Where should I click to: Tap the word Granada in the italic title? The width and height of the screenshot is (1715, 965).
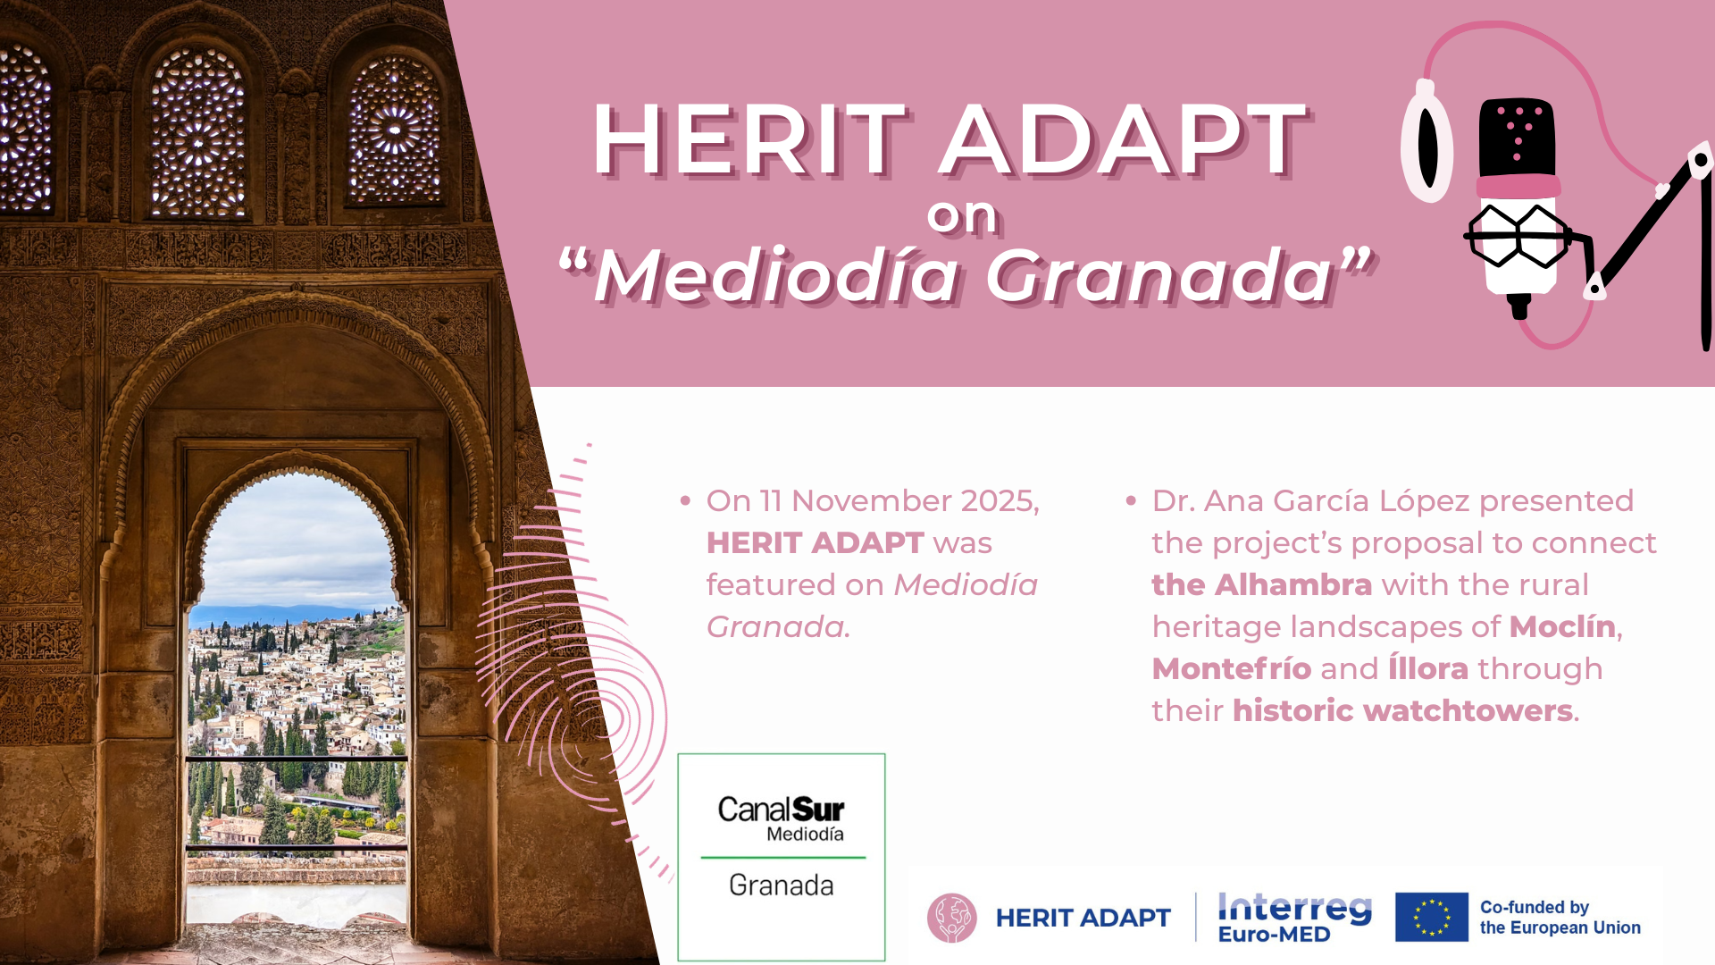pos(1161,276)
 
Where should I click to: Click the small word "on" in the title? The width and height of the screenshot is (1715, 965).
pos(962,215)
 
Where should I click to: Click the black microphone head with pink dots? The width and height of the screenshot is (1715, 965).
pos(1518,138)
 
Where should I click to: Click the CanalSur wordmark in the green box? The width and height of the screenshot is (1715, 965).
pos(781,810)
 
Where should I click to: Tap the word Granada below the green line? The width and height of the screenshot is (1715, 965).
pos(781,885)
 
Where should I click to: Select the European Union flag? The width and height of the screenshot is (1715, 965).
pos(1431,917)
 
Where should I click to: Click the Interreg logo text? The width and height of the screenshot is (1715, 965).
pos(1294,907)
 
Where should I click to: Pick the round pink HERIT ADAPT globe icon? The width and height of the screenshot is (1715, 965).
pos(951,918)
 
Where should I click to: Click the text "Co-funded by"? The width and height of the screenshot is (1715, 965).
pos(1535,907)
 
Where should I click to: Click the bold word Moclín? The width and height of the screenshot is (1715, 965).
pos(1562,626)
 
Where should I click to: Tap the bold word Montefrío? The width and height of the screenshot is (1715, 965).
pos(1232,668)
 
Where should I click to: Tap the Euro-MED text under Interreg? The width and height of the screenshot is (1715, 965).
pos(1275,935)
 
